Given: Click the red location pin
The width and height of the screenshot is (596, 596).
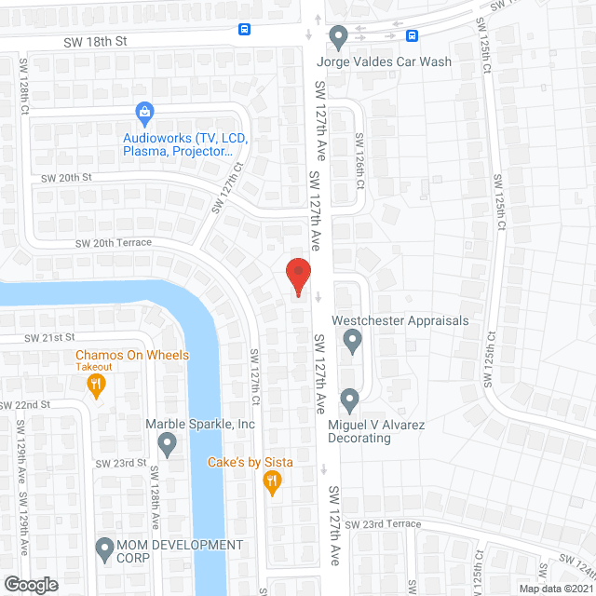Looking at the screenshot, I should (297, 277).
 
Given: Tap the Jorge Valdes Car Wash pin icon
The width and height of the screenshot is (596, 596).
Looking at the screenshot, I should (338, 37).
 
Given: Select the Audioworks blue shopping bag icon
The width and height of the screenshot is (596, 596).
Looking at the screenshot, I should (144, 114).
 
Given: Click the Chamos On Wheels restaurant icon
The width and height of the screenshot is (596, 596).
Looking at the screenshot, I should (96, 384).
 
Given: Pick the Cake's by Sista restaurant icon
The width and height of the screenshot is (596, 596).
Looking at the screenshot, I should (272, 481).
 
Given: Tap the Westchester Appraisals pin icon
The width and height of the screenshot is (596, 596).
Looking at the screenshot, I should (352, 342).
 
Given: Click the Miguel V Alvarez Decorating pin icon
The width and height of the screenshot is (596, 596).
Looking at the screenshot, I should (349, 400).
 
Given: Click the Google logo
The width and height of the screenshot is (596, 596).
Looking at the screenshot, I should (30, 584).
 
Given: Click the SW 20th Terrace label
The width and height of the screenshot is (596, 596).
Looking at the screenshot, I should (114, 242).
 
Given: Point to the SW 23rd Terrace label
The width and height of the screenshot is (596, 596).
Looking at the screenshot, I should (383, 524).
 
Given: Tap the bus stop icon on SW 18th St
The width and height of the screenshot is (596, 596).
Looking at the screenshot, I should (245, 29).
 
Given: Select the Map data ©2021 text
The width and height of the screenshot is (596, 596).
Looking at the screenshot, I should (554, 589).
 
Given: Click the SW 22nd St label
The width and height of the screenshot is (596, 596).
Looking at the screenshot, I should (25, 405).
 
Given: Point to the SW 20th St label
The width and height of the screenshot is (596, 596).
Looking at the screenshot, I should (66, 177).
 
